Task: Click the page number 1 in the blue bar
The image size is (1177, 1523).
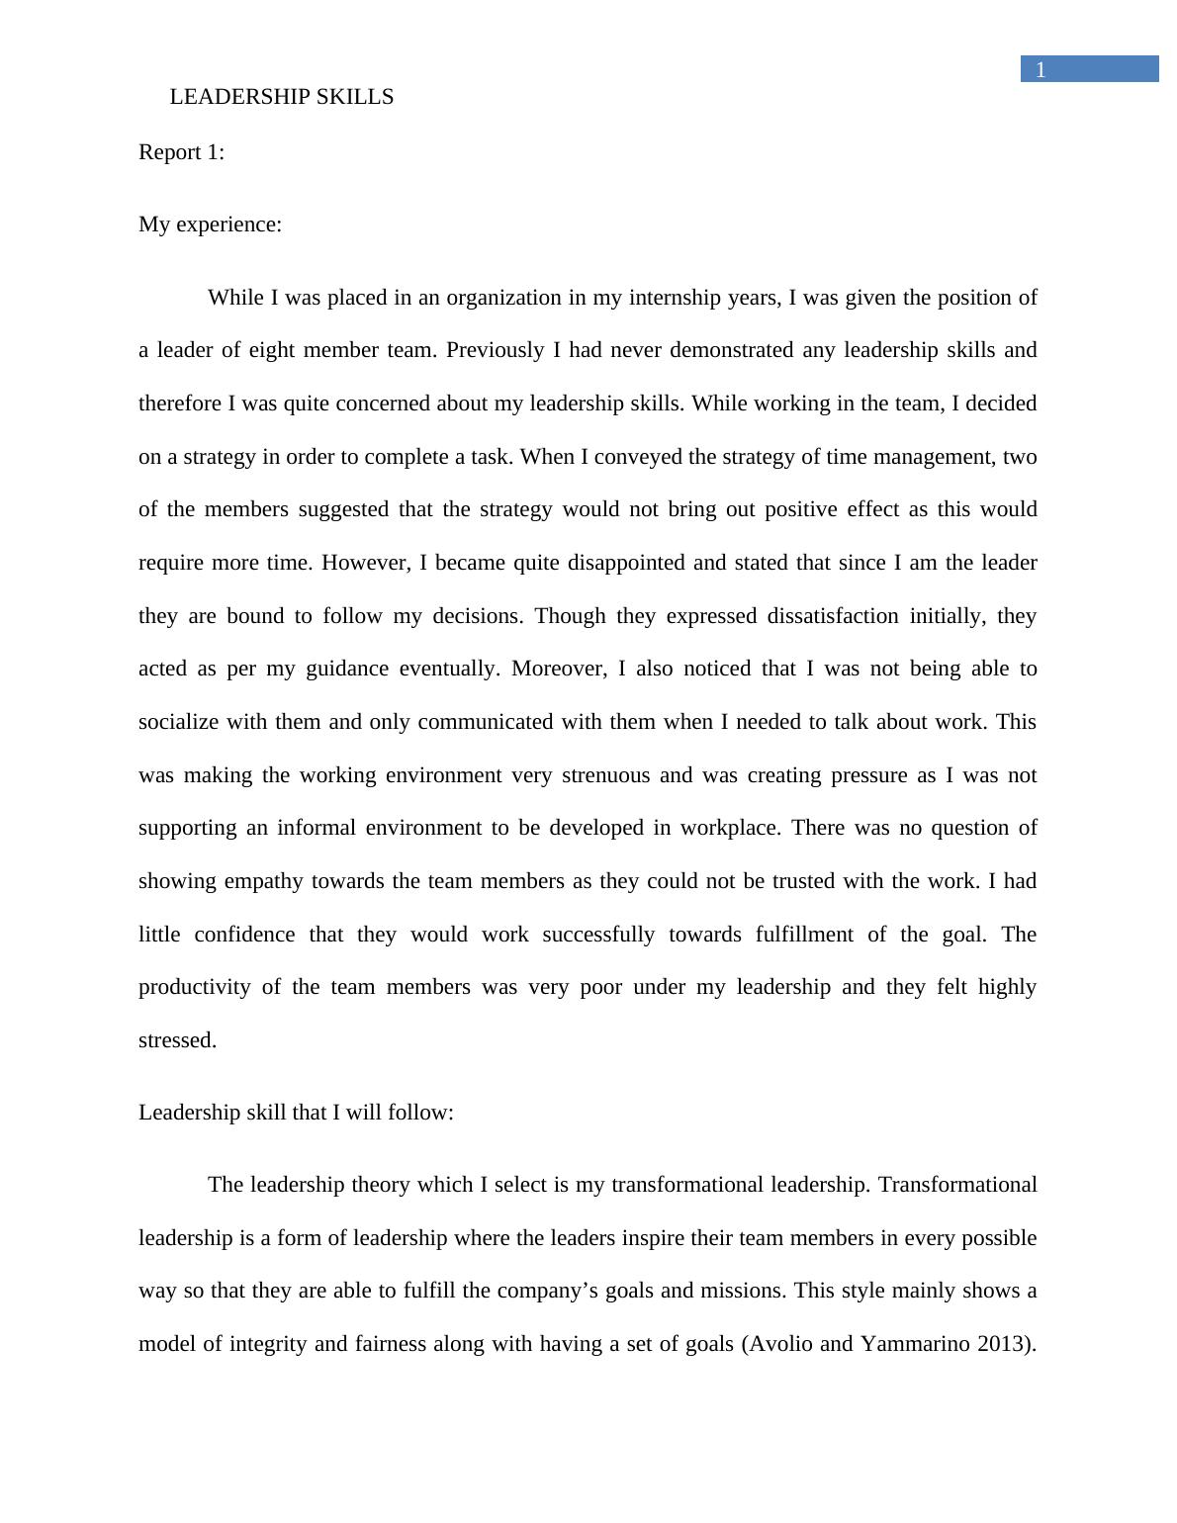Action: (1041, 69)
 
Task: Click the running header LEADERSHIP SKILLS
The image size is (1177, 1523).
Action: (282, 97)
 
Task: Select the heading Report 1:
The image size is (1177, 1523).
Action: (182, 152)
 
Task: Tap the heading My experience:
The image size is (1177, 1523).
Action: (210, 224)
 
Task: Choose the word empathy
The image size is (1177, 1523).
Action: (263, 881)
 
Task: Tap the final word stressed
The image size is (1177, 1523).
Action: (177, 1040)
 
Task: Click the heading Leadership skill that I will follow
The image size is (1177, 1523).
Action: (296, 1113)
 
